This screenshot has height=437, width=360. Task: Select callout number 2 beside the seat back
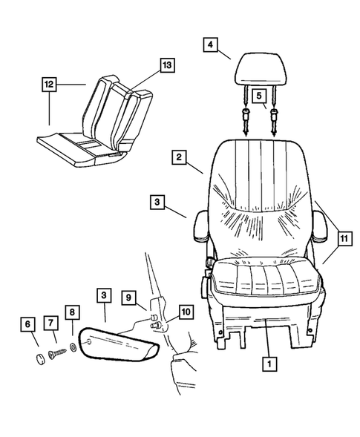(178, 157)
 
